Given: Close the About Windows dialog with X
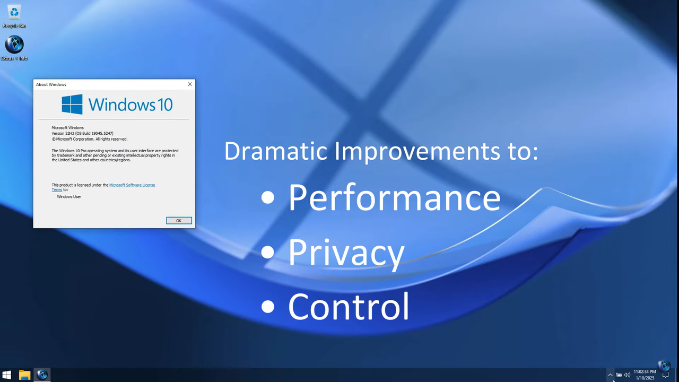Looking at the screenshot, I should pos(190,84).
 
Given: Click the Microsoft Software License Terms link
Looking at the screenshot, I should pos(132,185).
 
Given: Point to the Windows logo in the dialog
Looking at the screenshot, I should pos(72,104).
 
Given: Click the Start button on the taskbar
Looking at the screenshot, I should pos(7,375).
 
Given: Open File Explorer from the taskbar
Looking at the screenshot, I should pos(24,375).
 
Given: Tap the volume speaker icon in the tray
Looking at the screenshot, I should pos(627,375).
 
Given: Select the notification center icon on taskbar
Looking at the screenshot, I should pos(665,375).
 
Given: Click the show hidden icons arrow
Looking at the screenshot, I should pos(610,375).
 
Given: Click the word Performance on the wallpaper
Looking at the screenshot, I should pos(394,197).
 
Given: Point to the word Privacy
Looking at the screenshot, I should pos(346,252).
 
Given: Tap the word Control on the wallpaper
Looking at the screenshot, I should pos(349,306).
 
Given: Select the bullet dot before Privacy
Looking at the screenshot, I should pos(268,252).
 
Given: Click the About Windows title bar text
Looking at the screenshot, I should pos(51,84).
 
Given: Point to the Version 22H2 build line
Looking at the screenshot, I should pos(82,133).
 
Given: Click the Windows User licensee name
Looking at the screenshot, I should pos(69,197).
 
